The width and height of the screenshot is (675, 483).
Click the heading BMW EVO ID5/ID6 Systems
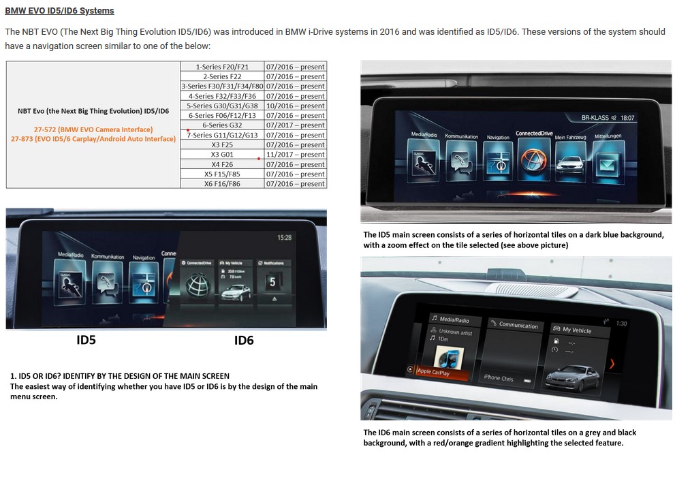60,11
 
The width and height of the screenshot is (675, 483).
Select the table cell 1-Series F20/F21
222,67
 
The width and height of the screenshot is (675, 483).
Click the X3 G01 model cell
222,155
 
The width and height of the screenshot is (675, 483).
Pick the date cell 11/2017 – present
295,155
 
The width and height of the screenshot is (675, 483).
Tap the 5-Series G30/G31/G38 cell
222,106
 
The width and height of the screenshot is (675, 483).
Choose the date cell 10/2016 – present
295,106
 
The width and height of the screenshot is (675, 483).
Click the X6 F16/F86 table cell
222,184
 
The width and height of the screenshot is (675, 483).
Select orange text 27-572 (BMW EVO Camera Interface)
93,129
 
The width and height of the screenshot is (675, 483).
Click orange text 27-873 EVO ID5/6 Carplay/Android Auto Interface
93,139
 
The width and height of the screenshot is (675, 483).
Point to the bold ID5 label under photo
86,340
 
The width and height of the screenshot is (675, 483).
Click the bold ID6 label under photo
244,340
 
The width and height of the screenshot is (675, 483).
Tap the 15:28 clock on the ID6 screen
284,238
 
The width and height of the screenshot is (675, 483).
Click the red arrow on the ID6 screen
612,364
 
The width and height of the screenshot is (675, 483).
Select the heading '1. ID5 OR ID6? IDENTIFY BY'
120,376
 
